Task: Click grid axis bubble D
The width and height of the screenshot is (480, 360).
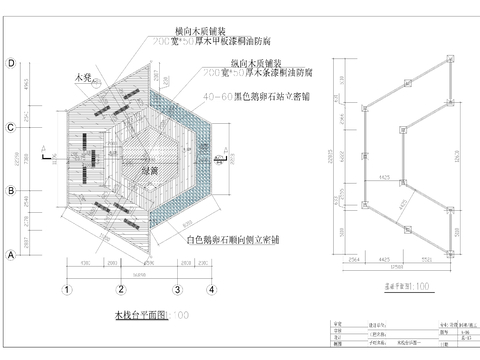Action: (x=10, y=64)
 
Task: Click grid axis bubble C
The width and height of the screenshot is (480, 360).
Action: (x=10, y=127)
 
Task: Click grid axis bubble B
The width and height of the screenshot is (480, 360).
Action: (x=10, y=190)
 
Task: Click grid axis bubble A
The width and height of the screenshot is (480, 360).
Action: (x=10, y=254)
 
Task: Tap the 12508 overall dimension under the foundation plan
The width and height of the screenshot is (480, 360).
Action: (x=398, y=266)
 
